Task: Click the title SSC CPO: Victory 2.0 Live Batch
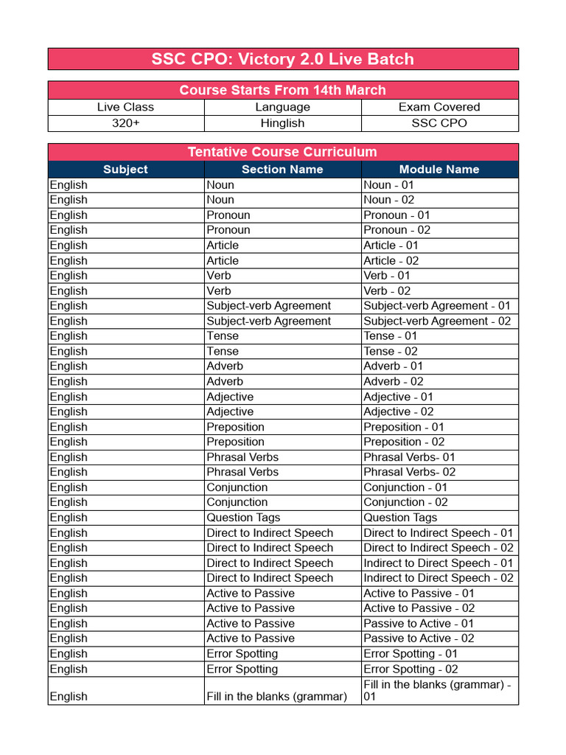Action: pyautogui.click(x=283, y=59)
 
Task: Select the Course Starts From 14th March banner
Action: pyautogui.click(x=283, y=90)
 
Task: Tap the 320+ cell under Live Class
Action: pyautogui.click(x=125, y=123)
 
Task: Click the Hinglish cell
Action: pyautogui.click(x=282, y=123)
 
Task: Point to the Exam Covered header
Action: pyautogui.click(x=439, y=107)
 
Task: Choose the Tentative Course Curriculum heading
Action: pyautogui.click(x=283, y=152)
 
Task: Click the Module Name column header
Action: pyautogui.click(x=439, y=170)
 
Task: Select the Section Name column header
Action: pyautogui.click(x=282, y=170)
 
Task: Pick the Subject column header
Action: pyautogui.click(x=125, y=170)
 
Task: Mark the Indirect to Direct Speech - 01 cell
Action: pyautogui.click(x=439, y=563)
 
